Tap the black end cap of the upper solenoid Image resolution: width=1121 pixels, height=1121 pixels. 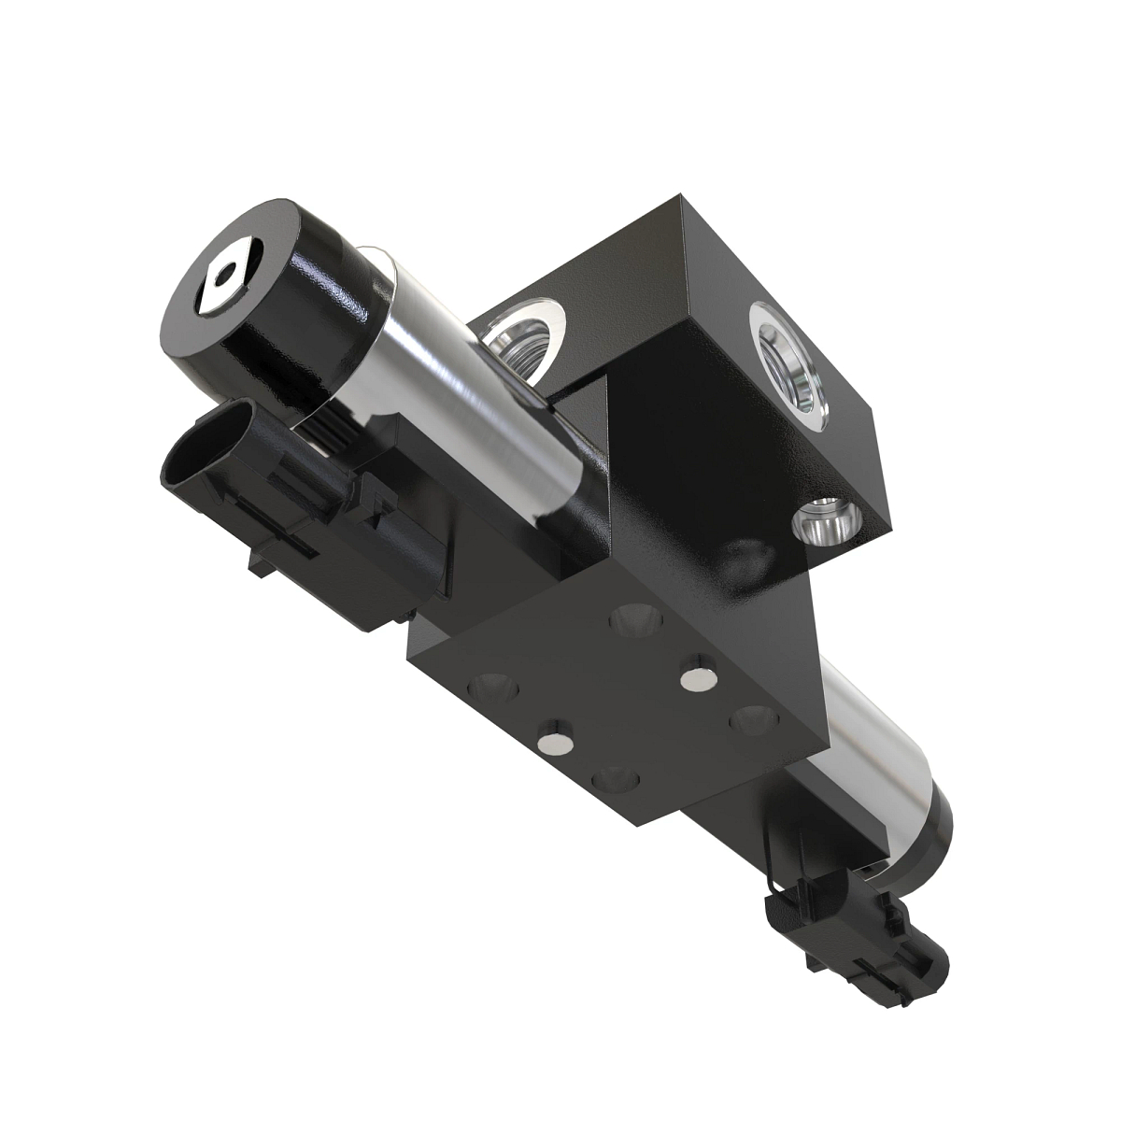pyautogui.click(x=280, y=308)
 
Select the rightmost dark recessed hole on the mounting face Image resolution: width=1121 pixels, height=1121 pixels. pyautogui.click(x=753, y=719)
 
